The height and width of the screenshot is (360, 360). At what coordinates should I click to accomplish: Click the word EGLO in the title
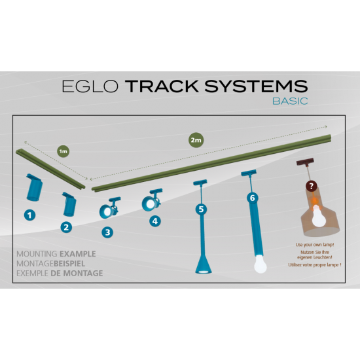[x=90, y=86]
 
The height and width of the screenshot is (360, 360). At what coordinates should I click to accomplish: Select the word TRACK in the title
[x=162, y=86]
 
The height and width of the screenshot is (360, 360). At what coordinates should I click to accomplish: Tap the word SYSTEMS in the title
[x=256, y=86]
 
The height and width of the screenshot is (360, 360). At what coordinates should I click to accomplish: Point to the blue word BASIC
[x=290, y=101]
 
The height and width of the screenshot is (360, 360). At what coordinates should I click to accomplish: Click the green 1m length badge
[x=63, y=151]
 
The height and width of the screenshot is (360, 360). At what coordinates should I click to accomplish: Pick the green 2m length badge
[x=196, y=140]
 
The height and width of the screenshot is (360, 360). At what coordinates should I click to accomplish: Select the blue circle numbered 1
[x=29, y=215]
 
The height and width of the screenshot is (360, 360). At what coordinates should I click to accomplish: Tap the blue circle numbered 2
[x=66, y=227]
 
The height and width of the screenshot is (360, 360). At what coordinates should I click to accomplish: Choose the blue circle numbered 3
[x=107, y=232]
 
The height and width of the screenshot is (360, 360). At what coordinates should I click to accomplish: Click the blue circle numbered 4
[x=155, y=221]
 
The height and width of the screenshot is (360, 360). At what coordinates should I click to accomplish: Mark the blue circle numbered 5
[x=201, y=209]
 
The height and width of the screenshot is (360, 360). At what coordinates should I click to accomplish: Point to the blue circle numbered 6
[x=252, y=198]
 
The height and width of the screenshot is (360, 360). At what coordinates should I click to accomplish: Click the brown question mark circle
[x=312, y=186]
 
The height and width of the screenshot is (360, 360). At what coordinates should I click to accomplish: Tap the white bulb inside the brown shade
[x=319, y=216]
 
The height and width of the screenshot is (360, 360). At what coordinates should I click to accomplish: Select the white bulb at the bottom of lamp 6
[x=261, y=264]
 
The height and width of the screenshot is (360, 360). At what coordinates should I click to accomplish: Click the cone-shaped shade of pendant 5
[x=204, y=264]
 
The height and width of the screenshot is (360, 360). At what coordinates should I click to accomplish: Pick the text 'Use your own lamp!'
[x=315, y=245]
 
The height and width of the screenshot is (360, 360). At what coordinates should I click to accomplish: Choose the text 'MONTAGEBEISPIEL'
[x=51, y=264]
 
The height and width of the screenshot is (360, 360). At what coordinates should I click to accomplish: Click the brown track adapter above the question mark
[x=305, y=162]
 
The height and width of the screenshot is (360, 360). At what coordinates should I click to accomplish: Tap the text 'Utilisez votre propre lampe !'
[x=315, y=265]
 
